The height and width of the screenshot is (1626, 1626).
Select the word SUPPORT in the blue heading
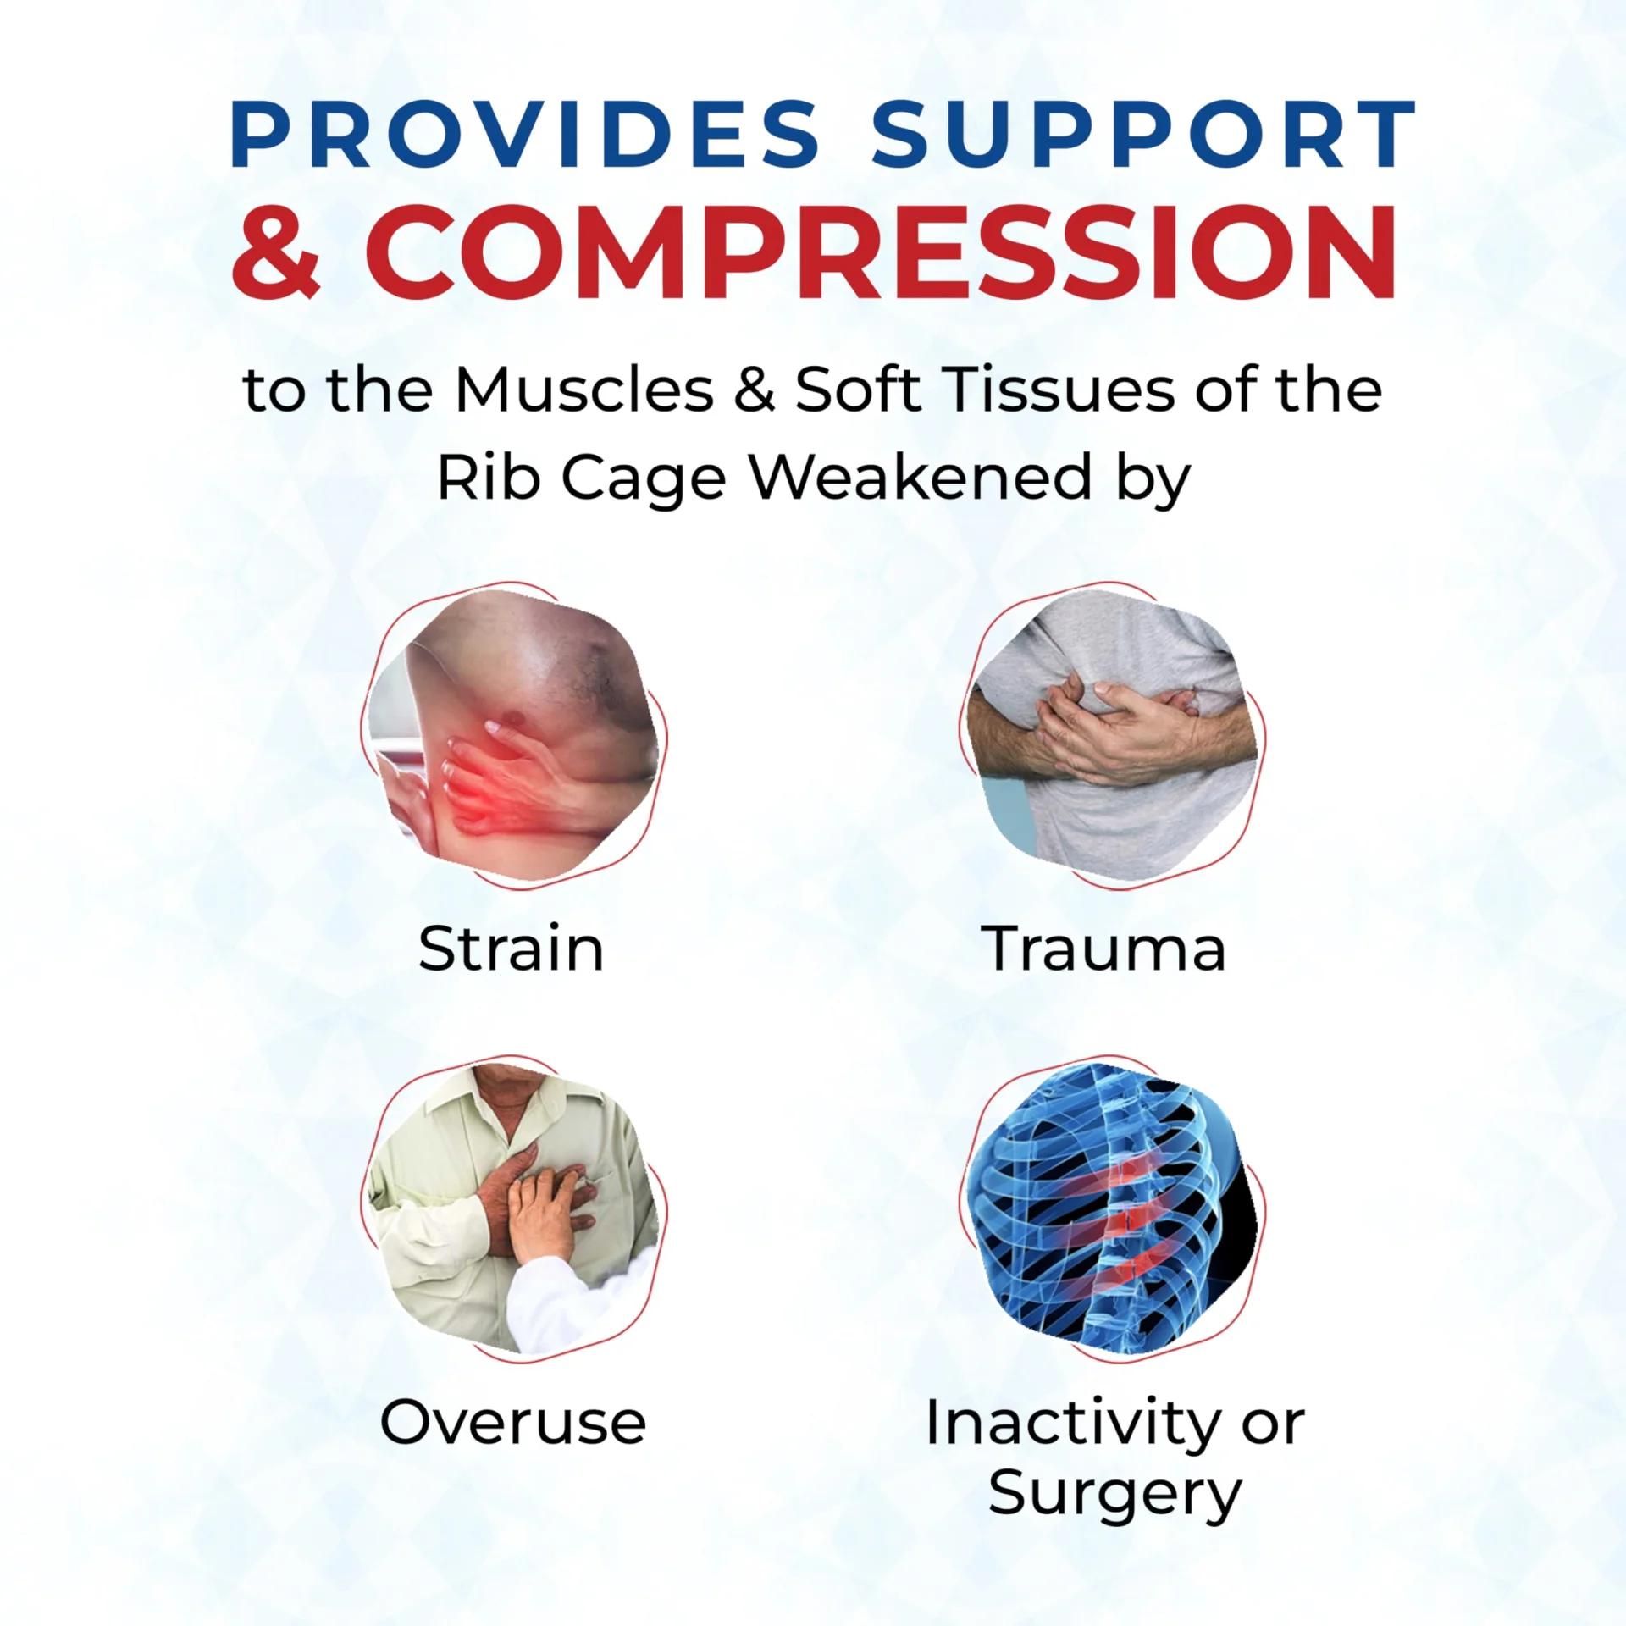pos(1144,134)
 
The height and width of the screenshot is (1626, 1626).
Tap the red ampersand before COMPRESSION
pos(276,251)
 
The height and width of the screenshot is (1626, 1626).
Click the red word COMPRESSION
pos(881,251)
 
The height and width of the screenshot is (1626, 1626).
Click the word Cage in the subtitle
pos(644,480)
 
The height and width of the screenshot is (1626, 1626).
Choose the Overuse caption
pos(513,1422)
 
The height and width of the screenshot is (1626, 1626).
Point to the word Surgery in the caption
pos(1114,1496)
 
